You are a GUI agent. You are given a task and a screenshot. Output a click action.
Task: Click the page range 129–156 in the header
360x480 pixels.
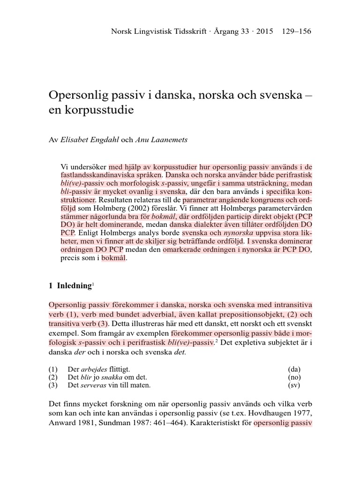(297, 32)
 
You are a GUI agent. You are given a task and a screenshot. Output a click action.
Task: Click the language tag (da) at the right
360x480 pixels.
(295, 369)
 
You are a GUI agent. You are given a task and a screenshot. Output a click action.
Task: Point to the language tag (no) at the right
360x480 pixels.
(295, 377)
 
